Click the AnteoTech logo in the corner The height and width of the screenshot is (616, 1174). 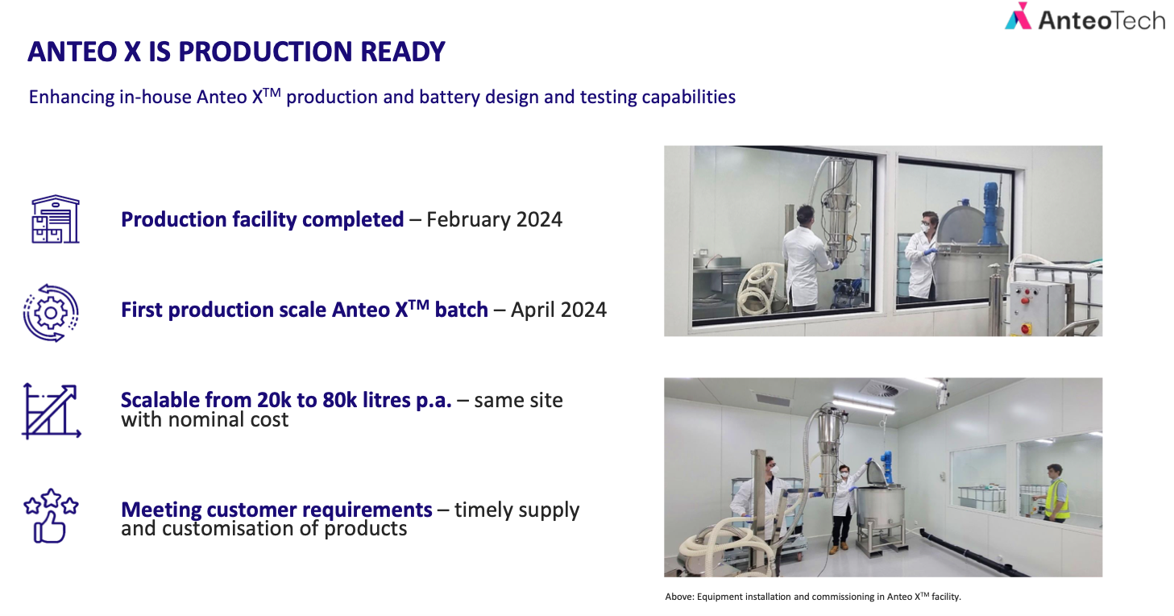tap(1084, 17)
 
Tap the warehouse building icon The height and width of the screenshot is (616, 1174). tap(55, 219)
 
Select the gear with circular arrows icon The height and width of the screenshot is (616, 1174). tap(51, 313)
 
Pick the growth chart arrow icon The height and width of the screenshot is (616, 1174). tap(52, 411)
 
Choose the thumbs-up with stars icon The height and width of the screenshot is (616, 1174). tap(51, 516)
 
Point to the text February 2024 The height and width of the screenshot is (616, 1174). tap(494, 219)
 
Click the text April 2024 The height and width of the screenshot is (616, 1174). tap(558, 310)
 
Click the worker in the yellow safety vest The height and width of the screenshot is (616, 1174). tap(1056, 493)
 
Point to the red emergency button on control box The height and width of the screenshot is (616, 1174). tap(1026, 329)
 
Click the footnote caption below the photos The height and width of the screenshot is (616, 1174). tap(813, 597)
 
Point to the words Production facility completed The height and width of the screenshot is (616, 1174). tap(262, 219)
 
